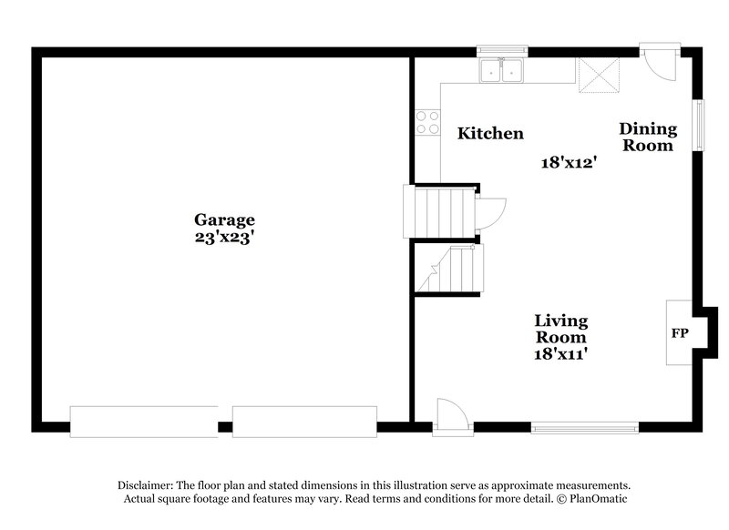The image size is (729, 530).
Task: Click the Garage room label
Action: coord(223,219)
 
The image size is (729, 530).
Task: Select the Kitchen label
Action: coord(490,134)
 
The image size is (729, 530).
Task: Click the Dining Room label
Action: coord(648,137)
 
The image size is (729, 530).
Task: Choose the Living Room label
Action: coord(560,329)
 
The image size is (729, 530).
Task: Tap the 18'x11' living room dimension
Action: coord(560,353)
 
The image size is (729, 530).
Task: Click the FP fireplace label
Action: coord(680,333)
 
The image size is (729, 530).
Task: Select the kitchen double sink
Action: coord(500,69)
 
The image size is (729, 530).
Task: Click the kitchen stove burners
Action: coord(426,124)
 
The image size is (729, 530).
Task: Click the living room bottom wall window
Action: coord(585,424)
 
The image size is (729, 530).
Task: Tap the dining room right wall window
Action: coord(699,123)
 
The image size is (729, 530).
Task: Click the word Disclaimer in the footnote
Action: coord(148,484)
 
